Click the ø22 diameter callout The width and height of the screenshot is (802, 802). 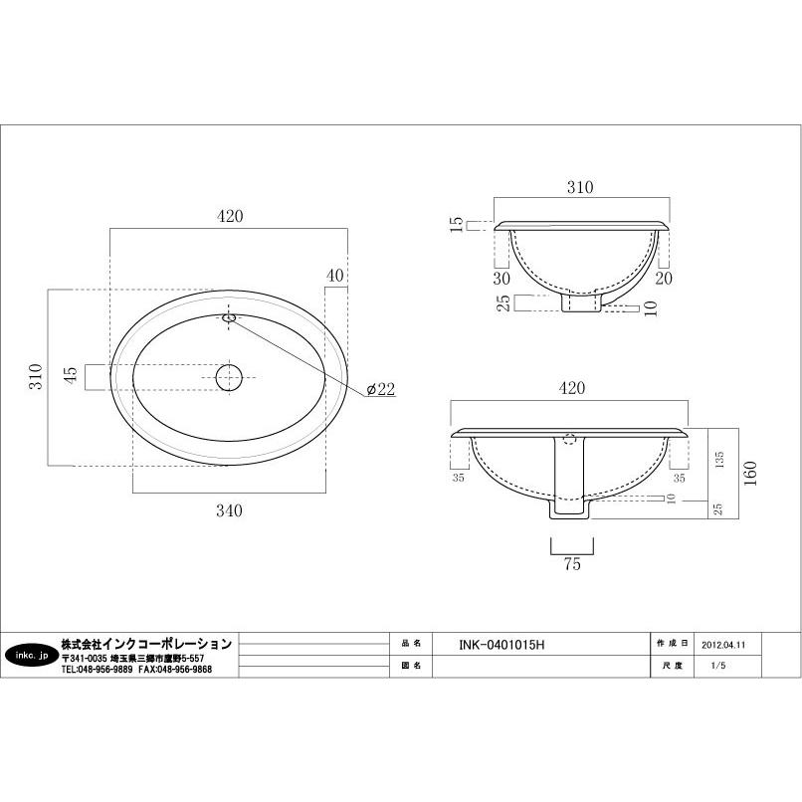pyautogui.click(x=381, y=389)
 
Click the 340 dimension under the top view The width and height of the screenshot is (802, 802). pyautogui.click(x=229, y=509)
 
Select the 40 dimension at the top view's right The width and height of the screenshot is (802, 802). pyautogui.click(x=335, y=276)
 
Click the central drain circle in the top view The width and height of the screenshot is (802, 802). pyautogui.click(x=229, y=377)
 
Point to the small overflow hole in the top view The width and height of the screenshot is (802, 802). pyautogui.click(x=229, y=318)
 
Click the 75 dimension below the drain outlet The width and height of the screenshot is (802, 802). pyautogui.click(x=572, y=563)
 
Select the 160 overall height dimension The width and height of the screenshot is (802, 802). pyautogui.click(x=750, y=473)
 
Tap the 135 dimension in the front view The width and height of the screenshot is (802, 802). pyautogui.click(x=718, y=460)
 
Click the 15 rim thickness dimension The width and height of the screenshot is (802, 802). pyautogui.click(x=457, y=225)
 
